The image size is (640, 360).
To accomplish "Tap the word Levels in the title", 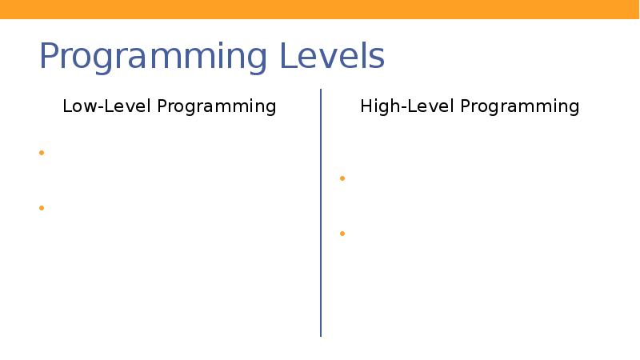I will coord(331,58).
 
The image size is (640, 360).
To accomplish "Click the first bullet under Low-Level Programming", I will coord(41,153).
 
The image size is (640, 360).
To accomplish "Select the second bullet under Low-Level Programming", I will coord(41,208).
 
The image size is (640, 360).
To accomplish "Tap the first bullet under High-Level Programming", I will coord(342,178).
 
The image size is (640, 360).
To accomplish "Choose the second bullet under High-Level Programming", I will coord(342,234).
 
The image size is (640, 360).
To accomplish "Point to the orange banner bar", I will coord(320,9).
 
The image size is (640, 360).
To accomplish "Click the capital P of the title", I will coord(50,58).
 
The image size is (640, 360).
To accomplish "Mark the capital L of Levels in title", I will coord(286,58).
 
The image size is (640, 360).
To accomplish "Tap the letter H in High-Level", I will coord(366,106).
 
